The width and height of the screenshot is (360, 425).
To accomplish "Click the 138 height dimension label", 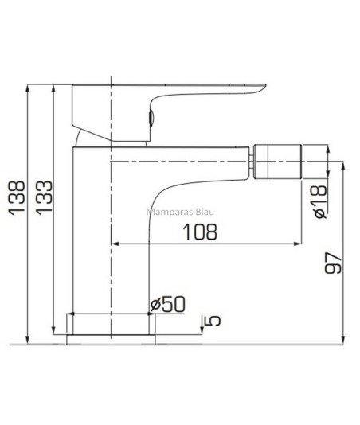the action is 17,198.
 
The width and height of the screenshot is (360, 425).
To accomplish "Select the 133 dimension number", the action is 44,197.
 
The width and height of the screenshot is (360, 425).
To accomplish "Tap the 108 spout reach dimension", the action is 200,232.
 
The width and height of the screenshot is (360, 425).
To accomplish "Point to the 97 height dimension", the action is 333,263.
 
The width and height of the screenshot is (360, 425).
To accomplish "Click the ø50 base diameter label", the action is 168,304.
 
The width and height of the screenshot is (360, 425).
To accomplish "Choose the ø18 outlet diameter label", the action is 319,202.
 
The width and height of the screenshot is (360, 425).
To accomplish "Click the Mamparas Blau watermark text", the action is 180,212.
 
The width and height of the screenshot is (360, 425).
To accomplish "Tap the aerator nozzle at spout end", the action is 277,162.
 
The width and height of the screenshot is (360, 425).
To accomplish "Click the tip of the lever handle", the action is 266,85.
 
